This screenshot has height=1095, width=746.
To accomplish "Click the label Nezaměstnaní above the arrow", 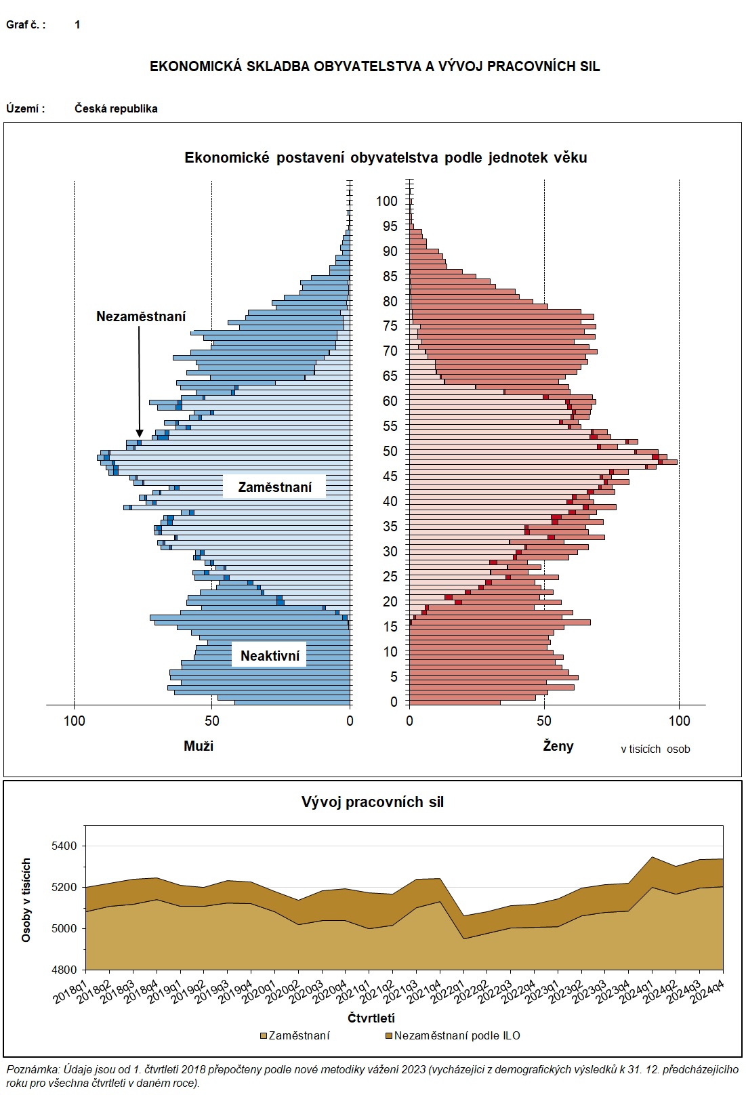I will point(141,316).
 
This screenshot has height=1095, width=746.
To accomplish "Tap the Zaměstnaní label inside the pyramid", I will point(275,487).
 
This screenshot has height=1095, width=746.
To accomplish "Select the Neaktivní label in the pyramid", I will point(270,656).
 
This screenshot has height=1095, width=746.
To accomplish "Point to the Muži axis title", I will point(199,746).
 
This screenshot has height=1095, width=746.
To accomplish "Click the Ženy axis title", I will point(558,746).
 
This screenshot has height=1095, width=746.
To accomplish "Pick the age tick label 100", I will point(387,201).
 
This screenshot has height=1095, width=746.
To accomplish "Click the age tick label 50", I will point(390,451).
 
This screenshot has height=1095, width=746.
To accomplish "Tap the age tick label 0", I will point(394,702).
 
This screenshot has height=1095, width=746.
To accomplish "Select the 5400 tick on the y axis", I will point(66,846).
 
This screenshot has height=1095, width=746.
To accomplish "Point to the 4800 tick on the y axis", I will point(66,970).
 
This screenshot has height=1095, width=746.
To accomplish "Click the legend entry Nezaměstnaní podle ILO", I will point(457,1035).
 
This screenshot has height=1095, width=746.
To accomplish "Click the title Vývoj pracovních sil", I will point(373,802).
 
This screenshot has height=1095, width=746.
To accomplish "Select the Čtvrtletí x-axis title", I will point(371,1018).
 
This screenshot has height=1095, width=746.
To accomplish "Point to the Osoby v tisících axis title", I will point(26,900).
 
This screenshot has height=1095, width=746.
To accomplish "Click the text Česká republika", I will point(116,108).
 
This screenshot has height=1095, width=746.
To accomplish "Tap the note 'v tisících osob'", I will point(655,749).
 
